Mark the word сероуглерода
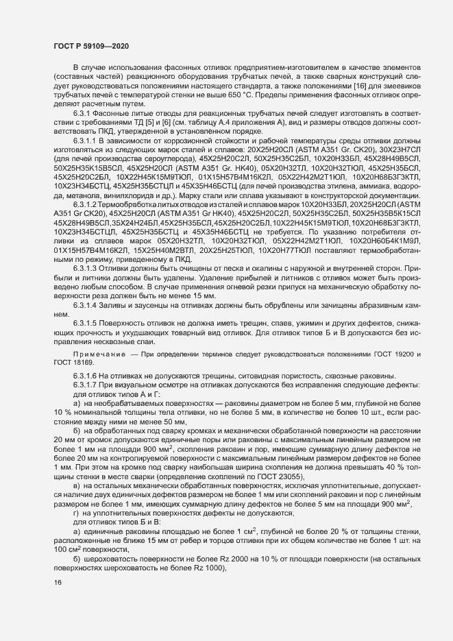click(x=150, y=157)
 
